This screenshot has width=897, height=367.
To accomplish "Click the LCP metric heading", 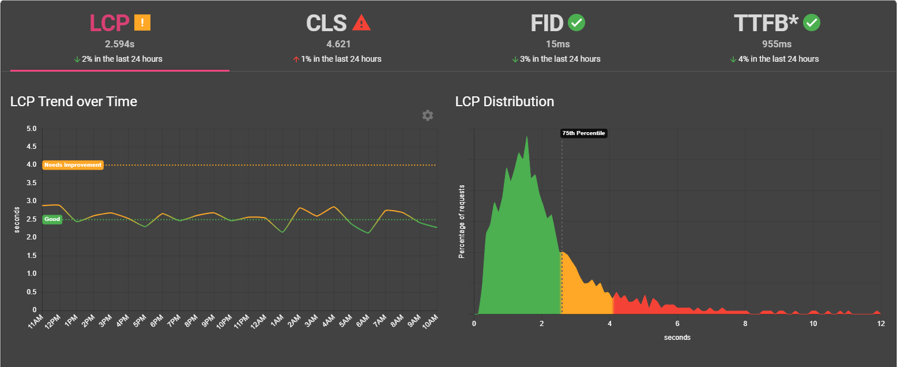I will click(110, 23).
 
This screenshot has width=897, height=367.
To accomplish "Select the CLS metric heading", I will click(326, 23).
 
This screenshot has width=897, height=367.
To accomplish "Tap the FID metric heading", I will click(547, 23).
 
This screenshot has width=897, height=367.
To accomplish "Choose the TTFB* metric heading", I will click(766, 23).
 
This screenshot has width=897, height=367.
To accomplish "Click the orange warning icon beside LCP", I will click(142, 23).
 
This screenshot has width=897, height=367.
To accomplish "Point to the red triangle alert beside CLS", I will click(361, 23).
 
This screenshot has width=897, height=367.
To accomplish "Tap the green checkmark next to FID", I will click(576, 23).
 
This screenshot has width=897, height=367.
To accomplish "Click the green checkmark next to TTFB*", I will click(812, 23).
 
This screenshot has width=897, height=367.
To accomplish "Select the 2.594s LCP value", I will click(120, 44).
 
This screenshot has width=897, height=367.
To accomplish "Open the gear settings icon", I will click(427, 115).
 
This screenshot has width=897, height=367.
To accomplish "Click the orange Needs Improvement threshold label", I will click(73, 165).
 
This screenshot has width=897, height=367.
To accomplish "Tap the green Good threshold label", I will click(52, 219).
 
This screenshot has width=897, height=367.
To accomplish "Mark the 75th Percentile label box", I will click(583, 133).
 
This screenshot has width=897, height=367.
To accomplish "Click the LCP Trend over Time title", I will click(74, 102).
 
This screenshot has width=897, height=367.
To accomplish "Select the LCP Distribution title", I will click(504, 102).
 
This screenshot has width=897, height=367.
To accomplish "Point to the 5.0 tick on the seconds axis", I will click(32, 129).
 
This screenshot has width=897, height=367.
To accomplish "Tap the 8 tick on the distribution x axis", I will click(745, 324).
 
